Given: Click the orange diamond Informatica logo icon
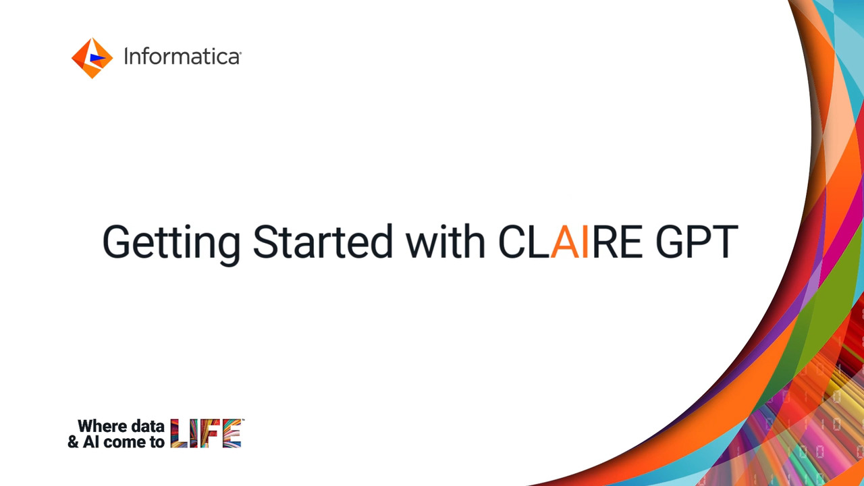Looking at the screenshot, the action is pos(92,58).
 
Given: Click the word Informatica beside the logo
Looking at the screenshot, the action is pos(182,57).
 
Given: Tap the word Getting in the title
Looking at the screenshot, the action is pos(171,244).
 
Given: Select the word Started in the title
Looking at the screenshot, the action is pos(323,242).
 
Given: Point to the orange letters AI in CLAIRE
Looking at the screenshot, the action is pos(570,242).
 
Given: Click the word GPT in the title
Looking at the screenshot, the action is pos(697,242).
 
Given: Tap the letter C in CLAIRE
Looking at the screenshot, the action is pos(511,242).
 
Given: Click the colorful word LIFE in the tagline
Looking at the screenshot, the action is pos(207,433).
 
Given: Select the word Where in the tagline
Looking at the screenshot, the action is pos(102,426).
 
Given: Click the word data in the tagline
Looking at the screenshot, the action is pos(147,426).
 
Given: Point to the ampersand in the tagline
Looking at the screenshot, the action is pos(74,441).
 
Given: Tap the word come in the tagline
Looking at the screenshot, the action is pos(126,442).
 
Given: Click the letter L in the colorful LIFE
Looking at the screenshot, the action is pos(179,433).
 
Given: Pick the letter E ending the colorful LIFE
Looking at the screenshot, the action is pos(232,433).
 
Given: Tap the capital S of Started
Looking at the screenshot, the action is pos(265,242).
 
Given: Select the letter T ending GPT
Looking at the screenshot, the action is pos(725,242).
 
